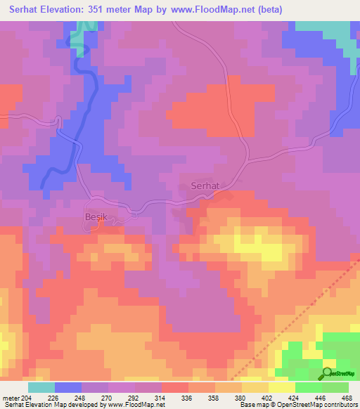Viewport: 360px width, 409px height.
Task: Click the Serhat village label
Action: pyautogui.click(x=205, y=186)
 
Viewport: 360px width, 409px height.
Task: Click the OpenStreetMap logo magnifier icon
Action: pyautogui.click(x=327, y=372)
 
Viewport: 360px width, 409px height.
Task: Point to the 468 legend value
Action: pyautogui.click(x=347, y=397)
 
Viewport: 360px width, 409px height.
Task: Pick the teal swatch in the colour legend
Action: pyautogui.click(x=41, y=387)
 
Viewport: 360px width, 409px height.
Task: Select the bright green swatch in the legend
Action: pyautogui.click(x=309, y=387)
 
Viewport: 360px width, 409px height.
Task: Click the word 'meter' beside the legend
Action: pyautogui.click(x=11, y=397)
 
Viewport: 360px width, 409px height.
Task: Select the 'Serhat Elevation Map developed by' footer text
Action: pyautogui.click(x=48, y=405)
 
